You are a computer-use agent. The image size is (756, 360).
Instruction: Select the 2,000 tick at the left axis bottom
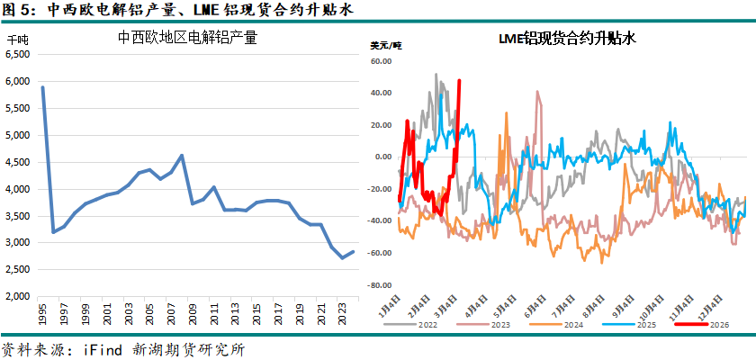pyautogui.click(x=18, y=296)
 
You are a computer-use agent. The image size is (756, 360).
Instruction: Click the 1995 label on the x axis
pyautogui.click(x=42, y=316)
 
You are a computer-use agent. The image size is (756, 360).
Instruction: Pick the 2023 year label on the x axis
pyautogui.click(x=342, y=316)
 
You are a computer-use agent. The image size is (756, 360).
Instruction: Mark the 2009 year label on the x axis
pyautogui.click(x=192, y=316)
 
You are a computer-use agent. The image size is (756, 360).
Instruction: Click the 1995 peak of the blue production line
pyautogui.click(x=42, y=87)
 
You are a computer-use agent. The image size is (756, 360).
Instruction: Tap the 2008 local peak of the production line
pyautogui.click(x=182, y=155)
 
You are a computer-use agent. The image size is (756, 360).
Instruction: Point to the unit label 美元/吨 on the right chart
pyautogui.click(x=387, y=45)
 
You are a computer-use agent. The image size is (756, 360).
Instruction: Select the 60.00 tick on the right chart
pyautogui.click(x=382, y=61)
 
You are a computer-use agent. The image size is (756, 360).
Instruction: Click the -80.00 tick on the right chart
pyautogui.click(x=380, y=284)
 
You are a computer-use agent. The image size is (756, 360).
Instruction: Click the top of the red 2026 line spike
pyautogui.click(x=460, y=81)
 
